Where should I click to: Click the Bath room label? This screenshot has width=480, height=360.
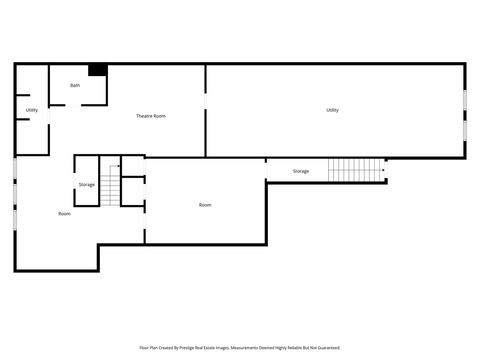[75, 85]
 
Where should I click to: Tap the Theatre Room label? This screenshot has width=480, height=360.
[151, 116]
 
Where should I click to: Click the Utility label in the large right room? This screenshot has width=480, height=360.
[332, 110]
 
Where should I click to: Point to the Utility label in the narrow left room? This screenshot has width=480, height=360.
[32, 110]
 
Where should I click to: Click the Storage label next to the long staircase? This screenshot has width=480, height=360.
[301, 171]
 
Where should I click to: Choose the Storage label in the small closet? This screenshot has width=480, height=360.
[87, 185]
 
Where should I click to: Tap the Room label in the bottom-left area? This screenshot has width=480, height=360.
[64, 214]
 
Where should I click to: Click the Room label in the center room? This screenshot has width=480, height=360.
[205, 205]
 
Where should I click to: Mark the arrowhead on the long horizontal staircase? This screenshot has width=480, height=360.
[383, 170]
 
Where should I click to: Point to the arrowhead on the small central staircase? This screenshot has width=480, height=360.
[119, 166]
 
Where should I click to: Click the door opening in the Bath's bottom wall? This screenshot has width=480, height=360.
[73, 105]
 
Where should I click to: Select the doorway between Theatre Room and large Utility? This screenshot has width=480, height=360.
[206, 101]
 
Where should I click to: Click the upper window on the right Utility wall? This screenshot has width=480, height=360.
[465, 100]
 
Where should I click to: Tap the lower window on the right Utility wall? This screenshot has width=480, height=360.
[465, 131]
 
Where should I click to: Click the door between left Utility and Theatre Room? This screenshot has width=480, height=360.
[49, 116]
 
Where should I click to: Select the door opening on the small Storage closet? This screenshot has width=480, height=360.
[74, 181]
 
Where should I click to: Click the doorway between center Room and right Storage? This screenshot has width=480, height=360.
[266, 170]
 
